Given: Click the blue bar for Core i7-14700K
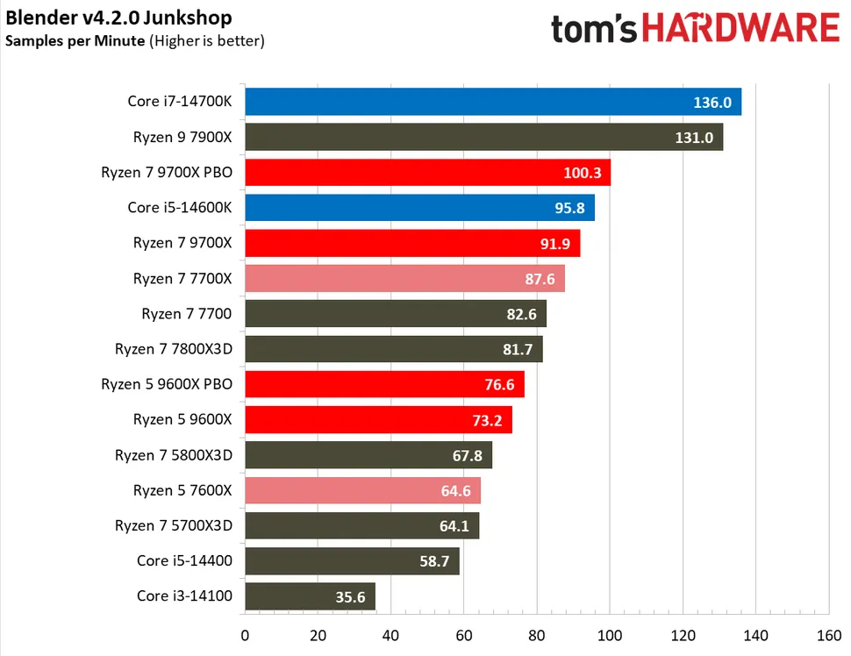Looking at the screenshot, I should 491,102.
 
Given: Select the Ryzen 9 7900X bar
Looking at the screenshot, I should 483,137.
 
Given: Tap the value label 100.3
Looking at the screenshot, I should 583,173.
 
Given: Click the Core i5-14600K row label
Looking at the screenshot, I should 180,208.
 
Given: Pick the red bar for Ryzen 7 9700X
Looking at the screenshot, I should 412,243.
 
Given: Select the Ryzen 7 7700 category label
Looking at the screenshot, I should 187,313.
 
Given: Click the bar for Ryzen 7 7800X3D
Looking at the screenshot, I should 393,349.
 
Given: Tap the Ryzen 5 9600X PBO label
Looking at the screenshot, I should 167,384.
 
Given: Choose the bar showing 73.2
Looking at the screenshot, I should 377,419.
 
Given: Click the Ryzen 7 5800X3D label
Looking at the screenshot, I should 174,454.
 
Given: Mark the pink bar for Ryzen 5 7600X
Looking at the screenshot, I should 362,490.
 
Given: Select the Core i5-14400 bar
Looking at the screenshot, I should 351,560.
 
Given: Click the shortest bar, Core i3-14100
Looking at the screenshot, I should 310,596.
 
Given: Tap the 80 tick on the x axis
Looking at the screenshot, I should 537,635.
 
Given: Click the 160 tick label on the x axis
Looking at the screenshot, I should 828,635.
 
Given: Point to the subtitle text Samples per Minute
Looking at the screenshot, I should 75,40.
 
